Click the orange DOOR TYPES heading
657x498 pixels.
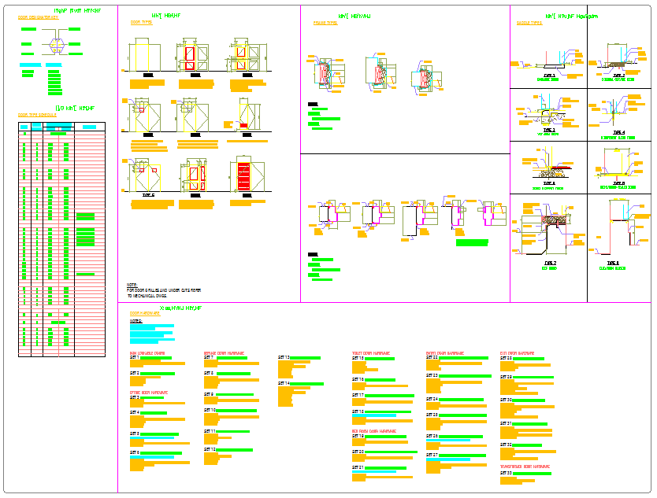[x=141, y=23]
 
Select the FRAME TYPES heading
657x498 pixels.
[x=325, y=24]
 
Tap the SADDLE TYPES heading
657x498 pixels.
[x=529, y=24]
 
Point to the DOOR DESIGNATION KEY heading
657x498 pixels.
[x=38, y=17]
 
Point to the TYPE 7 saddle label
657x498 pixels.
[x=549, y=263]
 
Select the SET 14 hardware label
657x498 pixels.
[x=284, y=383]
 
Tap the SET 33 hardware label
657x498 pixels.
[x=507, y=473]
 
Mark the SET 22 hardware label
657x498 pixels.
[x=432, y=358]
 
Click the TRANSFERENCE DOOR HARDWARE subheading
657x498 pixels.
[x=525, y=466]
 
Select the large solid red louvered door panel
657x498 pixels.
[x=244, y=177]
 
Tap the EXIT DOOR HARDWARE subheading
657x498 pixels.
[x=517, y=353]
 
